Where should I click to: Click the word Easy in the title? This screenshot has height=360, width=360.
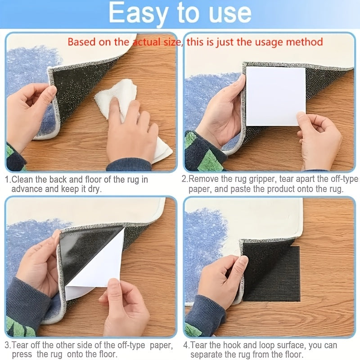138,14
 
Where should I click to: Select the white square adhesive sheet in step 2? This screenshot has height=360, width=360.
274,95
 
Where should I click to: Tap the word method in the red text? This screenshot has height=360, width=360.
306,42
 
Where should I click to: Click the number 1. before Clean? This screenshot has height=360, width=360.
8,180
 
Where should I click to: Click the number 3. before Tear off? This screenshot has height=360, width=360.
8,345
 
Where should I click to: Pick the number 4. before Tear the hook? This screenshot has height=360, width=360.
186,345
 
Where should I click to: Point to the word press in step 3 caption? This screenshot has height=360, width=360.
22,354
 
